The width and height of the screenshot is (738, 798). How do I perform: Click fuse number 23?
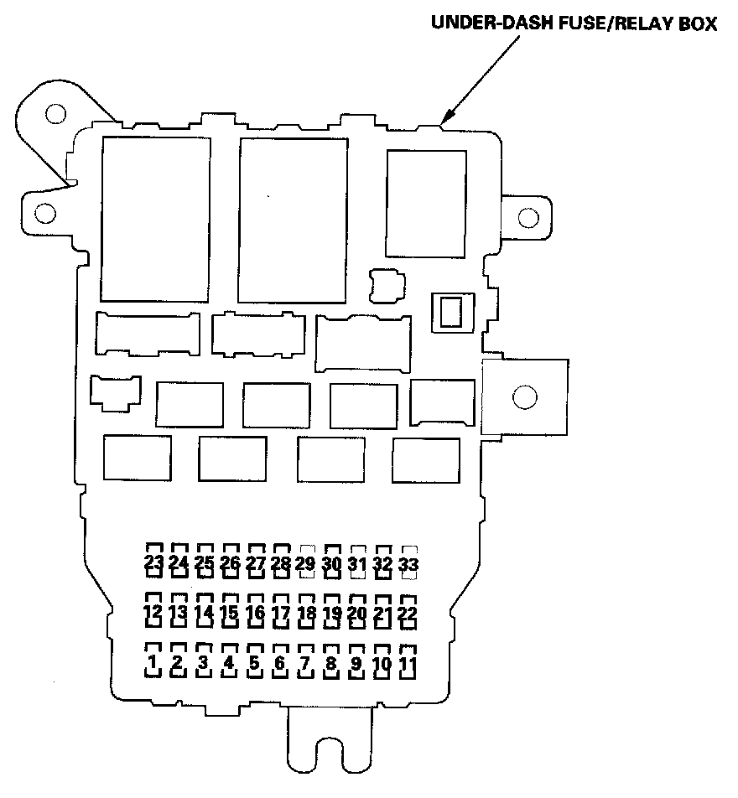point(153,562)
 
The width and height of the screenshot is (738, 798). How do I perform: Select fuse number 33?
point(408,563)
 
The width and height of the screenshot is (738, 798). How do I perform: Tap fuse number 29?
point(305,563)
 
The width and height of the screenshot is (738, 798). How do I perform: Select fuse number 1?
point(153,665)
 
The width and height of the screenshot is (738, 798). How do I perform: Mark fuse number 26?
point(230,562)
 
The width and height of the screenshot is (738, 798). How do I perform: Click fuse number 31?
point(357,563)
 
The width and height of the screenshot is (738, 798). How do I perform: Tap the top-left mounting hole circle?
point(55,112)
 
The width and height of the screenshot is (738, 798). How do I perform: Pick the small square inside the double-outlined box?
point(451,312)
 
